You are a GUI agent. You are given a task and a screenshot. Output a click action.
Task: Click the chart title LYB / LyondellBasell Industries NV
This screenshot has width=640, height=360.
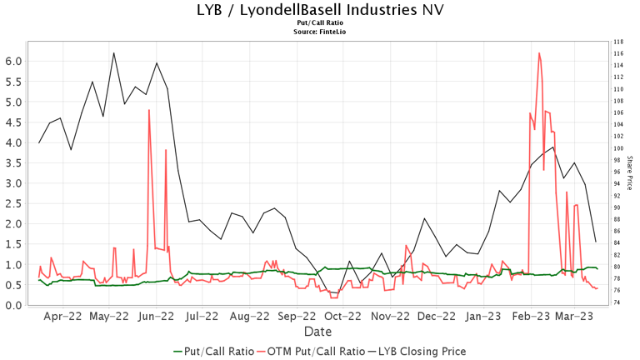(x=319, y=10)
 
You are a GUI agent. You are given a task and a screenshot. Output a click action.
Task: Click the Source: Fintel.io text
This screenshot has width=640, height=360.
(x=319, y=32)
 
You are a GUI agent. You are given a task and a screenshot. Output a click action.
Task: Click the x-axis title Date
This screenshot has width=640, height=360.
(x=319, y=332)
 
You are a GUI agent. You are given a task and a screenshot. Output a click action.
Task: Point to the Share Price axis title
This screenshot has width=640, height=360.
(x=630, y=172)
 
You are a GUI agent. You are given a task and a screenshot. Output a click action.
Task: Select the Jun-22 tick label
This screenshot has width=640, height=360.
(x=156, y=317)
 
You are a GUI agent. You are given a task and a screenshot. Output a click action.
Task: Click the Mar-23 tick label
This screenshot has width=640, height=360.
(x=574, y=317)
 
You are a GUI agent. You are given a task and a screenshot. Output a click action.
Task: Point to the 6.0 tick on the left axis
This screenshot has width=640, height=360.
(x=13, y=62)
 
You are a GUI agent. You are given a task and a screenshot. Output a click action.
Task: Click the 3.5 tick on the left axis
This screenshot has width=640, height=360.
(x=13, y=163)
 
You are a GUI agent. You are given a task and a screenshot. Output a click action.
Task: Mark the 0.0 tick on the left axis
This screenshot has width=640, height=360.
(x=13, y=306)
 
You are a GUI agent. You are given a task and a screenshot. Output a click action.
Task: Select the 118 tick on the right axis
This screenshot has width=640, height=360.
(x=617, y=42)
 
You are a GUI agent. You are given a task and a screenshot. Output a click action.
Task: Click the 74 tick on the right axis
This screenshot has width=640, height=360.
(x=617, y=302)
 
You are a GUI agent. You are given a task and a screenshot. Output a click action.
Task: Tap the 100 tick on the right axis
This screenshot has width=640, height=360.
(x=617, y=148)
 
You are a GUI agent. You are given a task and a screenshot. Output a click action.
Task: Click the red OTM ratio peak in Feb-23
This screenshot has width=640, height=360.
(x=540, y=53)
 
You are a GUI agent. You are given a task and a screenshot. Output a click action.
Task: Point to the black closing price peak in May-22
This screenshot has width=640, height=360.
(x=113, y=53)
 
